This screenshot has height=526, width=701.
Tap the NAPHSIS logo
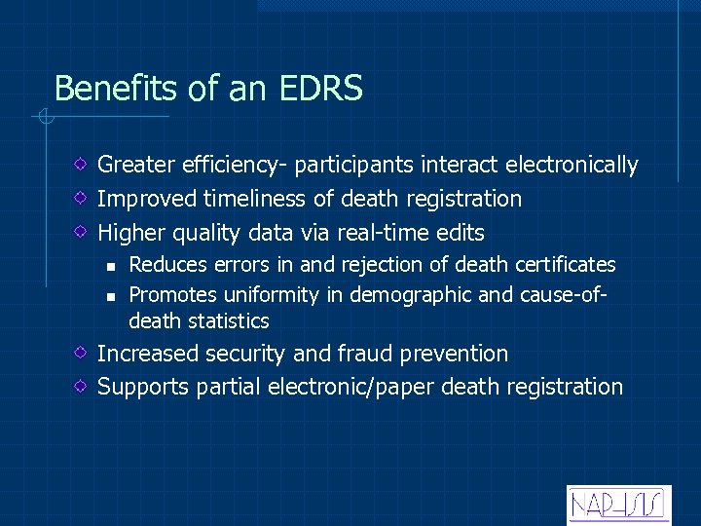pyautogui.click(x=618, y=504)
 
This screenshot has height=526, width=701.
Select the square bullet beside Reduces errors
pyautogui.click(x=112, y=265)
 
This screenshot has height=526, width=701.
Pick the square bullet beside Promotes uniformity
pyautogui.click(x=112, y=294)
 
